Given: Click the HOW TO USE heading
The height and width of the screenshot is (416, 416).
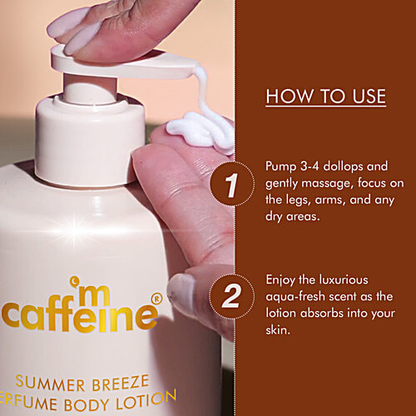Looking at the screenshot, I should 325,97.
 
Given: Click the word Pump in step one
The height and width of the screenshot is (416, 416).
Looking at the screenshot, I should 280,163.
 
